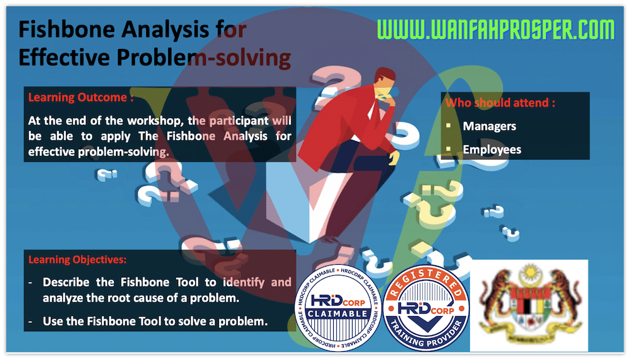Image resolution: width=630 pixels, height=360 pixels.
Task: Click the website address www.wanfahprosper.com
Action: [x=496, y=29]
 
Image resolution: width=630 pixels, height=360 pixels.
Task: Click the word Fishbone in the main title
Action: [x=67, y=29]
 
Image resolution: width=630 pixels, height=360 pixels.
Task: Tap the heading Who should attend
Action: [x=500, y=103]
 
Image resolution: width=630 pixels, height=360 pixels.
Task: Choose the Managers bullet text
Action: [x=489, y=126]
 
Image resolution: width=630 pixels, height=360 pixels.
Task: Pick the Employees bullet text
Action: [x=492, y=149]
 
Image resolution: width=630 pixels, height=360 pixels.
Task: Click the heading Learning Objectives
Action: [x=77, y=260]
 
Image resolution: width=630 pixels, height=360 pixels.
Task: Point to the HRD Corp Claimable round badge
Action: [x=338, y=308]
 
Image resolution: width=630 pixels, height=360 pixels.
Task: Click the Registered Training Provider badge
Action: [x=426, y=308]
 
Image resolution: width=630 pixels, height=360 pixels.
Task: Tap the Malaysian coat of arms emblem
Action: [x=529, y=305]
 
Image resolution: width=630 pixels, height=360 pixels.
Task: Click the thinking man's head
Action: [x=385, y=82]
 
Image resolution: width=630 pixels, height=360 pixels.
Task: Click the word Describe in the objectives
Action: [x=66, y=282]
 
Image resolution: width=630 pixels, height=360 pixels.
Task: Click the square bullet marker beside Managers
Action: [x=449, y=126]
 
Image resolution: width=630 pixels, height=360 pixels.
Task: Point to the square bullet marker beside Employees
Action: [x=449, y=149]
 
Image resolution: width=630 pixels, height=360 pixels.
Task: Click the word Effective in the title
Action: [x=64, y=58]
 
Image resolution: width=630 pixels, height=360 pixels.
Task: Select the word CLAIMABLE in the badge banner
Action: [x=338, y=314]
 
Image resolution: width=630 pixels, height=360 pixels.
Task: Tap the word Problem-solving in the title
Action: [x=204, y=58]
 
